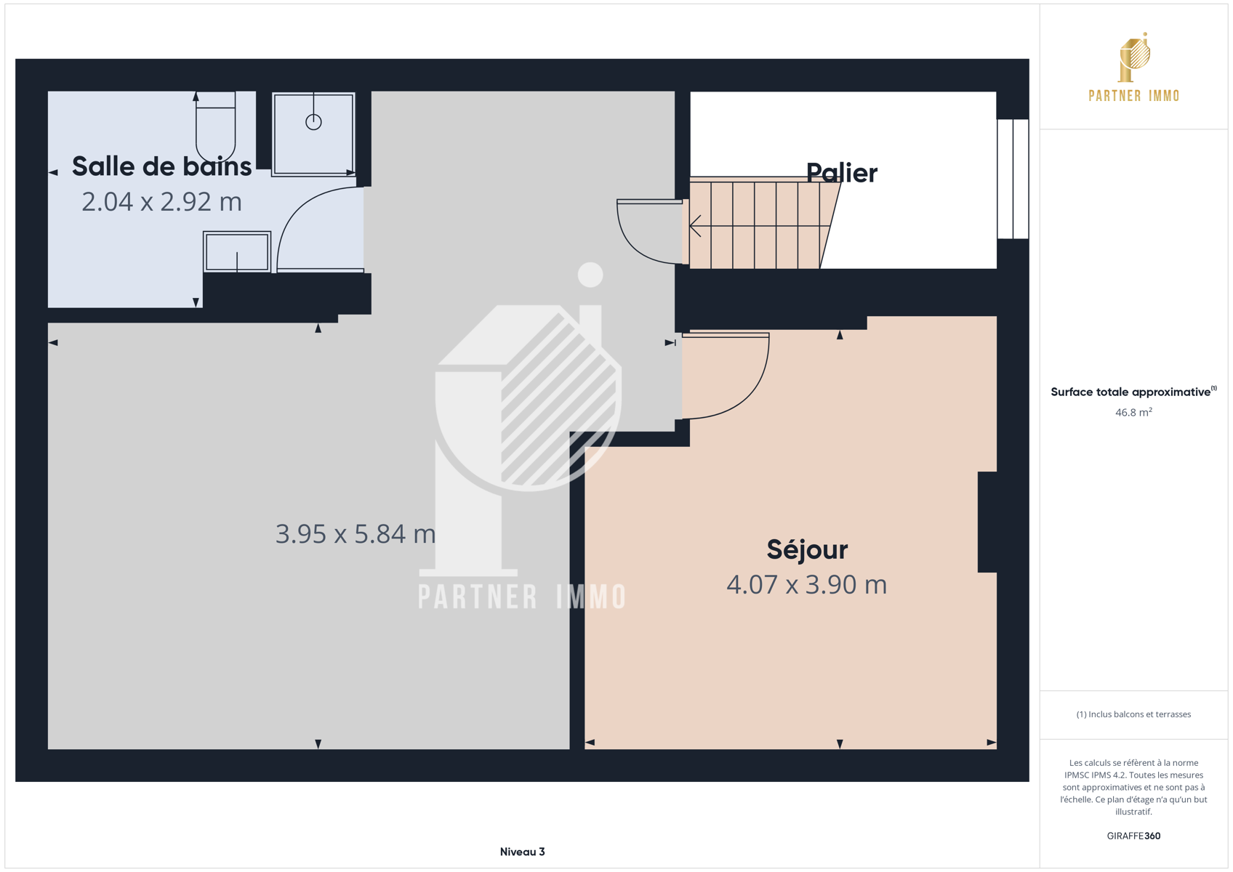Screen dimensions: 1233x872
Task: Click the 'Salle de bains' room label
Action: [162, 166]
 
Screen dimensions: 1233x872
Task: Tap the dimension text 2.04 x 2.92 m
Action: [162, 202]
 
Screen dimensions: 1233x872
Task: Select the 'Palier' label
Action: [842, 173]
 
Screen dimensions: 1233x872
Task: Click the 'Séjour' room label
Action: [807, 549]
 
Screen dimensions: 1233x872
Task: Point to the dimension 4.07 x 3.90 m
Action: [807, 584]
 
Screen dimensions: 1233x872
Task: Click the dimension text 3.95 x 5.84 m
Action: [356, 533]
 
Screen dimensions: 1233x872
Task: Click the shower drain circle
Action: [314, 122]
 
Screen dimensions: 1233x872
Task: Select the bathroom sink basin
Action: [237, 252]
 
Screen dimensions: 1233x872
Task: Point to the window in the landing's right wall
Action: [1013, 179]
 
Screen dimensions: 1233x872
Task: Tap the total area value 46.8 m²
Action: [1133, 412]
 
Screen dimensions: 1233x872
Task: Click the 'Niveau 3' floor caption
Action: [523, 852]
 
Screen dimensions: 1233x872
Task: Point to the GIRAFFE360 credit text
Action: [1133, 836]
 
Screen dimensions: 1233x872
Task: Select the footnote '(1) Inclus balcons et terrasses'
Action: [1133, 714]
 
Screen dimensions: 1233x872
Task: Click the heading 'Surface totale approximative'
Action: [1130, 392]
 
